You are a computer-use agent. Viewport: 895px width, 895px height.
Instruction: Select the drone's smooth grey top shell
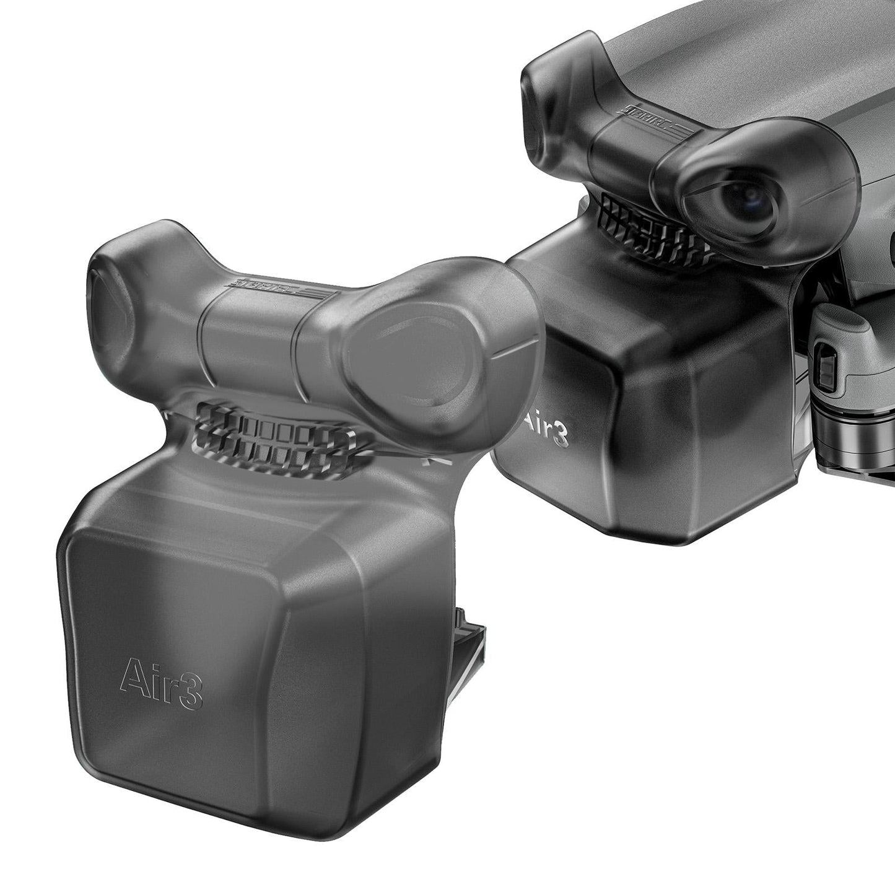point(712,56)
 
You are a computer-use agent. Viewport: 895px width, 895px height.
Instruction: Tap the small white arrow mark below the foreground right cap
point(427,461)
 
